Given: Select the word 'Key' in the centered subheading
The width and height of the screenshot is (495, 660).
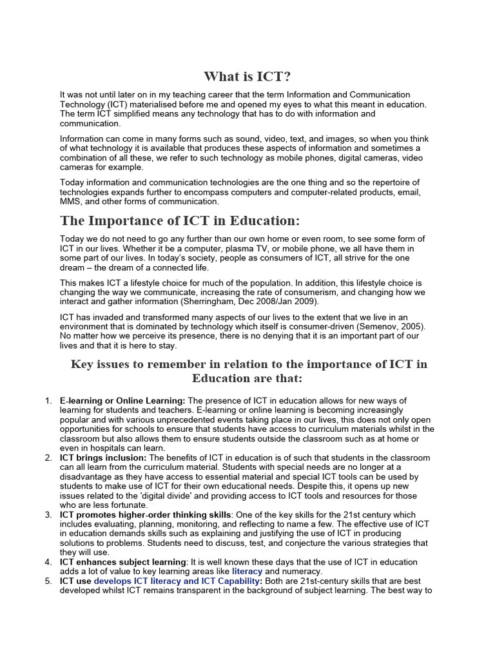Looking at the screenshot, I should point(82,364).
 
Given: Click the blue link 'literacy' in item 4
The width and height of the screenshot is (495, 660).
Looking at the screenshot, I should point(247,571).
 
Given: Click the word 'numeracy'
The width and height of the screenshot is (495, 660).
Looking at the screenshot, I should point(303,571).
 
